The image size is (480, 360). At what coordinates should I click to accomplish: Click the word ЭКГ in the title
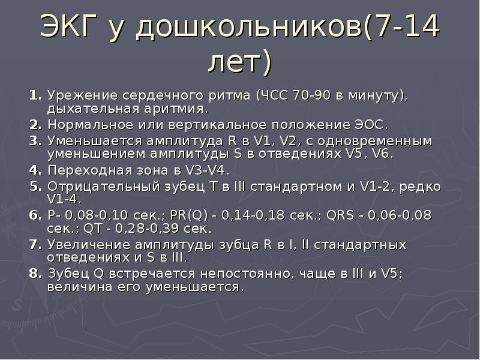click(x=68, y=26)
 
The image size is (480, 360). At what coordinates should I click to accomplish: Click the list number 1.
click(x=35, y=95)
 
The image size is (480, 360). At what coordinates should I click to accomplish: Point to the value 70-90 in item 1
click(x=311, y=95)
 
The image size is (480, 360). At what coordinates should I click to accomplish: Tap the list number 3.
click(x=35, y=141)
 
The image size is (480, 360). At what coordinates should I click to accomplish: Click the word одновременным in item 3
click(x=375, y=141)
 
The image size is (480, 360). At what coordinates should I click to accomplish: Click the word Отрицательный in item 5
click(x=104, y=187)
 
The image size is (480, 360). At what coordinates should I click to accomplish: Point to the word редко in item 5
click(x=421, y=187)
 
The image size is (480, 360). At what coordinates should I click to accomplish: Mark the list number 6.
click(x=35, y=215)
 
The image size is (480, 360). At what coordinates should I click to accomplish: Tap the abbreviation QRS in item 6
click(x=340, y=215)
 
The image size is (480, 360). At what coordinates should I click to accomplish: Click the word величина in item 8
click(x=80, y=287)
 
